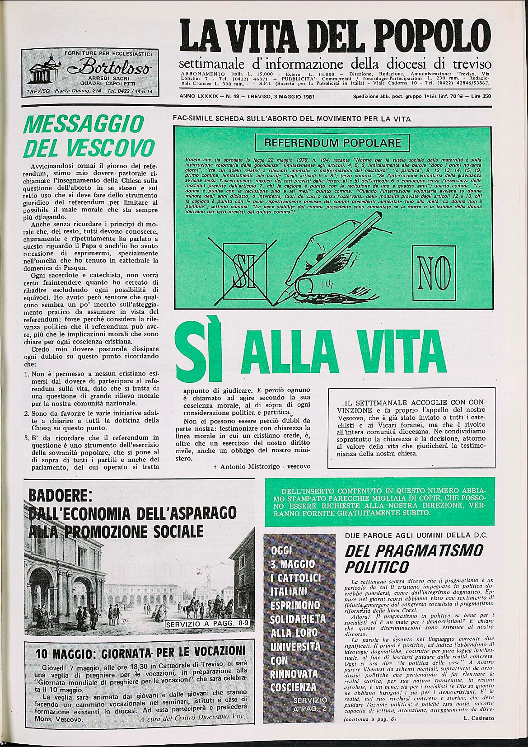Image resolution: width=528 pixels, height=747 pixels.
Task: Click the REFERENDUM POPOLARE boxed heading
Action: [x=332, y=143]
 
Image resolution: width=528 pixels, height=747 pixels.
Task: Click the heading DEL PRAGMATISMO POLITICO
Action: [x=413, y=558]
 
